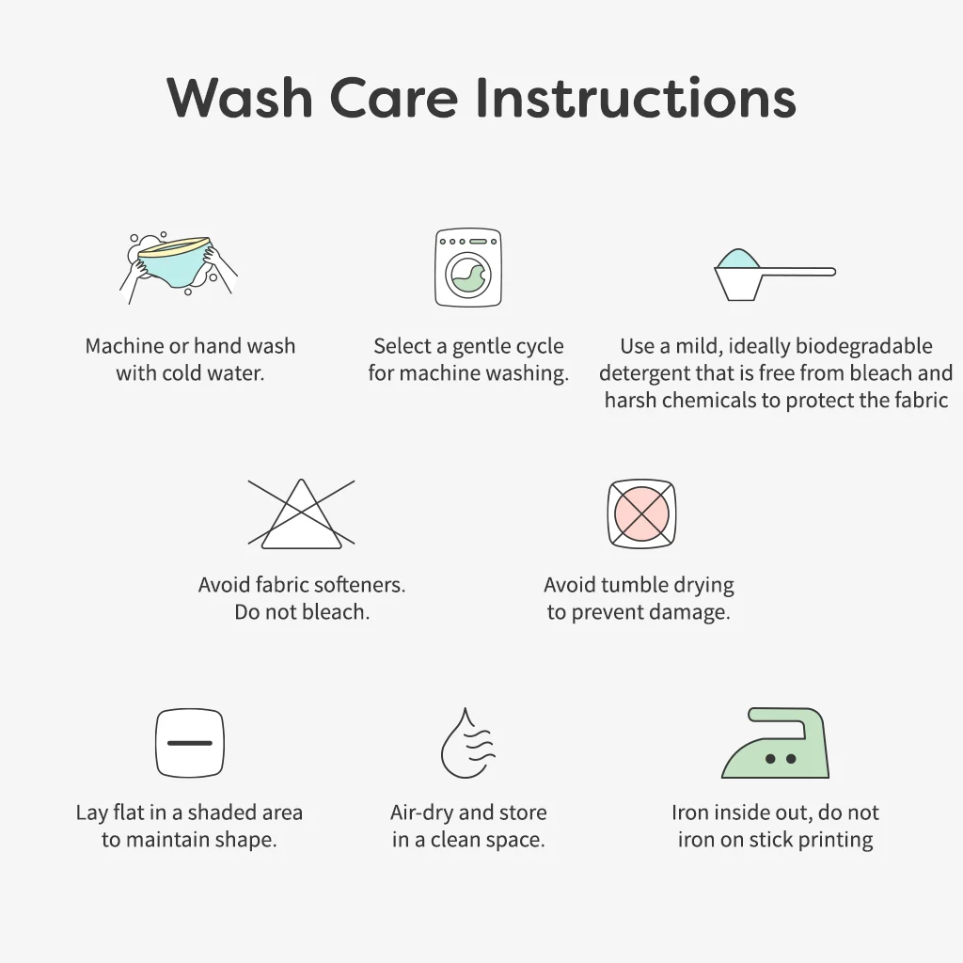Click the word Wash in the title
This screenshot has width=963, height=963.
(x=240, y=97)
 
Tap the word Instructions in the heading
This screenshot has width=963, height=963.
(x=637, y=97)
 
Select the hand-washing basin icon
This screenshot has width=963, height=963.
(x=179, y=268)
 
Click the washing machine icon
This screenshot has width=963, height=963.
(x=468, y=268)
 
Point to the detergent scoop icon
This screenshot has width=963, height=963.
(x=775, y=275)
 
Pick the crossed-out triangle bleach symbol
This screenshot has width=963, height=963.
(x=301, y=513)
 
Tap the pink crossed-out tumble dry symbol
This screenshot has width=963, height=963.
(x=641, y=513)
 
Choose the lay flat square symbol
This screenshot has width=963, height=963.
(x=190, y=743)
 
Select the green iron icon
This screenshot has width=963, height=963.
(x=775, y=743)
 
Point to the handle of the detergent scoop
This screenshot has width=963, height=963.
(x=798, y=272)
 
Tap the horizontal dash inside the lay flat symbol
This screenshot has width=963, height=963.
(x=190, y=743)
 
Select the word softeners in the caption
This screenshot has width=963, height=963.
(x=365, y=585)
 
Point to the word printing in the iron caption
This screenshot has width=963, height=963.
(x=835, y=840)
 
